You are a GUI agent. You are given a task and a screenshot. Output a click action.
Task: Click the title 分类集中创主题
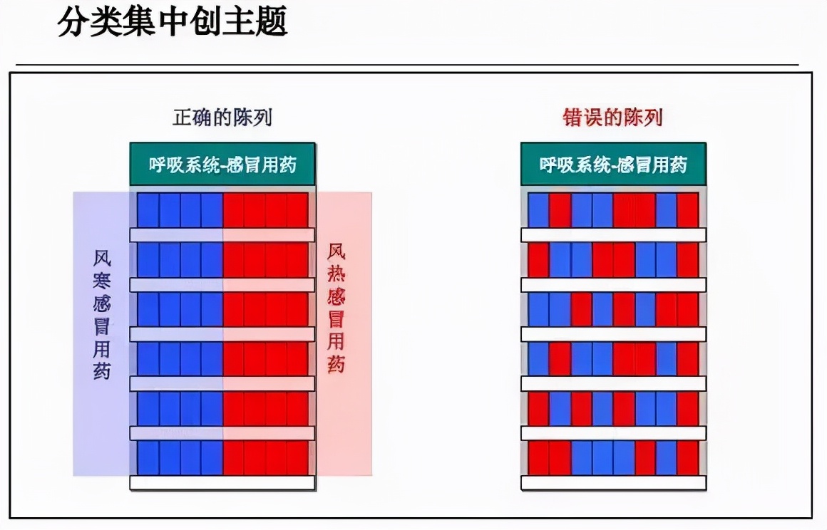pyautogui.click(x=172, y=21)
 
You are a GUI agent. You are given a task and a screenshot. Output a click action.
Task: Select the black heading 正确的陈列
pyautogui.click(x=222, y=117)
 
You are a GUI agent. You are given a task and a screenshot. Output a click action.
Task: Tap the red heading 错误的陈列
pyautogui.click(x=612, y=117)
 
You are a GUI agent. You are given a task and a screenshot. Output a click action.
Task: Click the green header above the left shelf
pyautogui.click(x=222, y=164)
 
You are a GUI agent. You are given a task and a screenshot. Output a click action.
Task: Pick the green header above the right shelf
pyautogui.click(x=613, y=164)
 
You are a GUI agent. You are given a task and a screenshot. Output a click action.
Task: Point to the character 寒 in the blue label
pyautogui.click(x=102, y=281)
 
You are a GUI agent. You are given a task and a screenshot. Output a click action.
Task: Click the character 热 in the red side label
pyautogui.click(x=336, y=274)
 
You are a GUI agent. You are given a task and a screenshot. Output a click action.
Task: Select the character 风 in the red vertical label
pyautogui.click(x=336, y=251)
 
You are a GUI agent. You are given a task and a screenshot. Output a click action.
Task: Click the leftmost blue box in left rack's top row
pyautogui.click(x=148, y=210)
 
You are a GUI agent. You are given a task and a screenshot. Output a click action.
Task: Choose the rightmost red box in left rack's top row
pyautogui.click(x=297, y=210)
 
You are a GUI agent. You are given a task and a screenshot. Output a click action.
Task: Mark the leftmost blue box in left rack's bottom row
pyautogui.click(x=148, y=458)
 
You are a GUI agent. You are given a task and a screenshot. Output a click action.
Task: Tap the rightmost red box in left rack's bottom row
pyautogui.click(x=297, y=458)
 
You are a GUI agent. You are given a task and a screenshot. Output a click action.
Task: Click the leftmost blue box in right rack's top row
pyautogui.click(x=538, y=210)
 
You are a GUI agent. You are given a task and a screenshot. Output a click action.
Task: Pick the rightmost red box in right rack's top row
pyautogui.click(x=688, y=210)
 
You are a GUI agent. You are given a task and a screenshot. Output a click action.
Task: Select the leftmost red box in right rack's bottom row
pyautogui.click(x=538, y=458)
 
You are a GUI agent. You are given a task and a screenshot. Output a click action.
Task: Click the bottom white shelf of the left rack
pyautogui.click(x=222, y=482)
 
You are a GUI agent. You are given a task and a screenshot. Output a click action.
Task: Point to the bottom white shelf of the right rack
pyautogui.click(x=613, y=482)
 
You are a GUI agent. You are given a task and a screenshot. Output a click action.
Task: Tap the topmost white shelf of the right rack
pyautogui.click(x=613, y=235)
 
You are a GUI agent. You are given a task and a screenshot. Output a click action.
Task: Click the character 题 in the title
pyautogui.click(x=271, y=21)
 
